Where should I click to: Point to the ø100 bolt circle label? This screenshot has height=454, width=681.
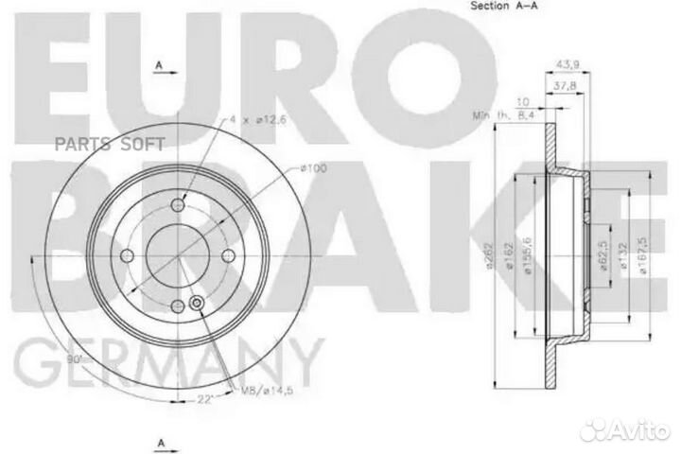pyautogui.click(x=313, y=167)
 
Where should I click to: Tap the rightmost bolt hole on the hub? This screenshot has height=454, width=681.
pyautogui.click(x=227, y=257)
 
